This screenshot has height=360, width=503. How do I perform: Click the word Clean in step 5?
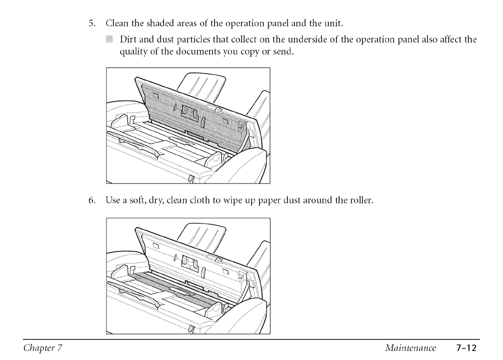tap(116, 23)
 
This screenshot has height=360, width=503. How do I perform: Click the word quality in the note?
tap(132, 53)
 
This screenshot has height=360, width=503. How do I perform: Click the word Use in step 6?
tap(112, 200)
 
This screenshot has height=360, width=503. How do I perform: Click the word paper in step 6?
tap(272, 200)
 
